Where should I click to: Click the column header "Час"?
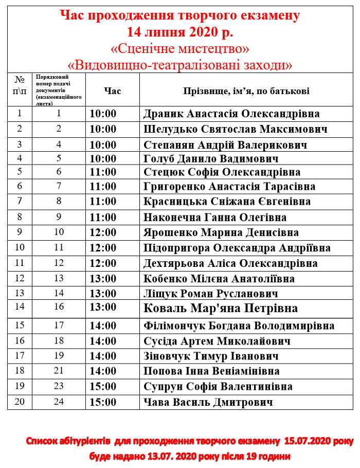(x=112, y=91)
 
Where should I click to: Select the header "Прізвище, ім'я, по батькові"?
(x=246, y=91)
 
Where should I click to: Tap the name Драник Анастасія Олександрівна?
(x=231, y=114)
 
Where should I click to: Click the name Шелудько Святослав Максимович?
(x=236, y=129)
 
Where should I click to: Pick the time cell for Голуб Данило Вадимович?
(x=103, y=158)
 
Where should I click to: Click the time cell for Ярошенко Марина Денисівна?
(x=103, y=232)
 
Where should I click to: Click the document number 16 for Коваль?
(x=59, y=307)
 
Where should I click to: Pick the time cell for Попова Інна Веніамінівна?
(x=103, y=371)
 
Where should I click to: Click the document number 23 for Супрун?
(x=59, y=386)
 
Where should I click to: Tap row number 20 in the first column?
(x=20, y=402)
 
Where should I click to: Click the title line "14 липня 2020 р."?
(x=180, y=33)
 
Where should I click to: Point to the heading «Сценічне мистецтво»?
(x=180, y=49)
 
